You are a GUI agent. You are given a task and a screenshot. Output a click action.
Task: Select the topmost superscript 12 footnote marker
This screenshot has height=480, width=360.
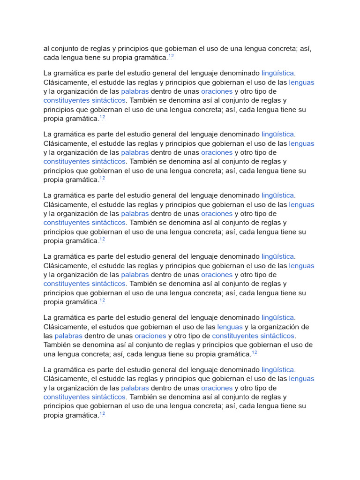coord(171,56)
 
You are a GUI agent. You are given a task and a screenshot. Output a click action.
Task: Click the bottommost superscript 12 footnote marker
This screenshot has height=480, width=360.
coord(102,414)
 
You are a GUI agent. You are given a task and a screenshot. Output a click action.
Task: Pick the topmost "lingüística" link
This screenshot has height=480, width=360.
coord(277,73)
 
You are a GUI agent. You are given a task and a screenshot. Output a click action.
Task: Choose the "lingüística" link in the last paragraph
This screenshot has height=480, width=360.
coord(277,369)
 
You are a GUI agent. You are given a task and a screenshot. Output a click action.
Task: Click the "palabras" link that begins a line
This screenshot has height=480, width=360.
coord(68,336)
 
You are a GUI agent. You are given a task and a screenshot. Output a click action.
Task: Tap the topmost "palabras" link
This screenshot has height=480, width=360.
coord(135,91)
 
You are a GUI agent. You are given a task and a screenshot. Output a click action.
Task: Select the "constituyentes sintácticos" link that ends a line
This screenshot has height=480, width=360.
coord(253,336)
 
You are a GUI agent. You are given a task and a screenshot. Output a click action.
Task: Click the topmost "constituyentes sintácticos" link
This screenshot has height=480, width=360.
coord(84,100)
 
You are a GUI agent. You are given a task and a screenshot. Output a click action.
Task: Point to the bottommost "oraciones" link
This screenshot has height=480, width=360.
coord(217,388)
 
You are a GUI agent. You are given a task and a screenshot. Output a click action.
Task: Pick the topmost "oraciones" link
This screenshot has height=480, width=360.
coord(217,91)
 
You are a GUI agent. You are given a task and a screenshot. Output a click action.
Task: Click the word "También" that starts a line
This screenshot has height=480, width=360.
coord(57,345)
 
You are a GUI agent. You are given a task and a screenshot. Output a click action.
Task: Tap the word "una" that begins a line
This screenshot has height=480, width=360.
coord(50,354)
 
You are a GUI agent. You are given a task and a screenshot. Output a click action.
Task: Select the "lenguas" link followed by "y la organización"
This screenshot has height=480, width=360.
coord(230,327)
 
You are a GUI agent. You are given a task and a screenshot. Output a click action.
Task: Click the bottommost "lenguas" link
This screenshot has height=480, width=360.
coord(301,379)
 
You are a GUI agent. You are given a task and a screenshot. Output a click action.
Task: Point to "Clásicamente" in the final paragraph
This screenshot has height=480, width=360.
coord(66,379)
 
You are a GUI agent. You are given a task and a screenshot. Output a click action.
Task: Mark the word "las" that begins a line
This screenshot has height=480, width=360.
coord(48,336)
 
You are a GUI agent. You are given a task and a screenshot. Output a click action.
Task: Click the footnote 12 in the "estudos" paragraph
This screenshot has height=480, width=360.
coord(255,352)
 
